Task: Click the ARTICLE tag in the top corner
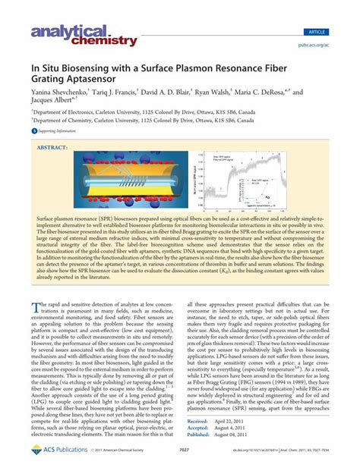335,11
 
